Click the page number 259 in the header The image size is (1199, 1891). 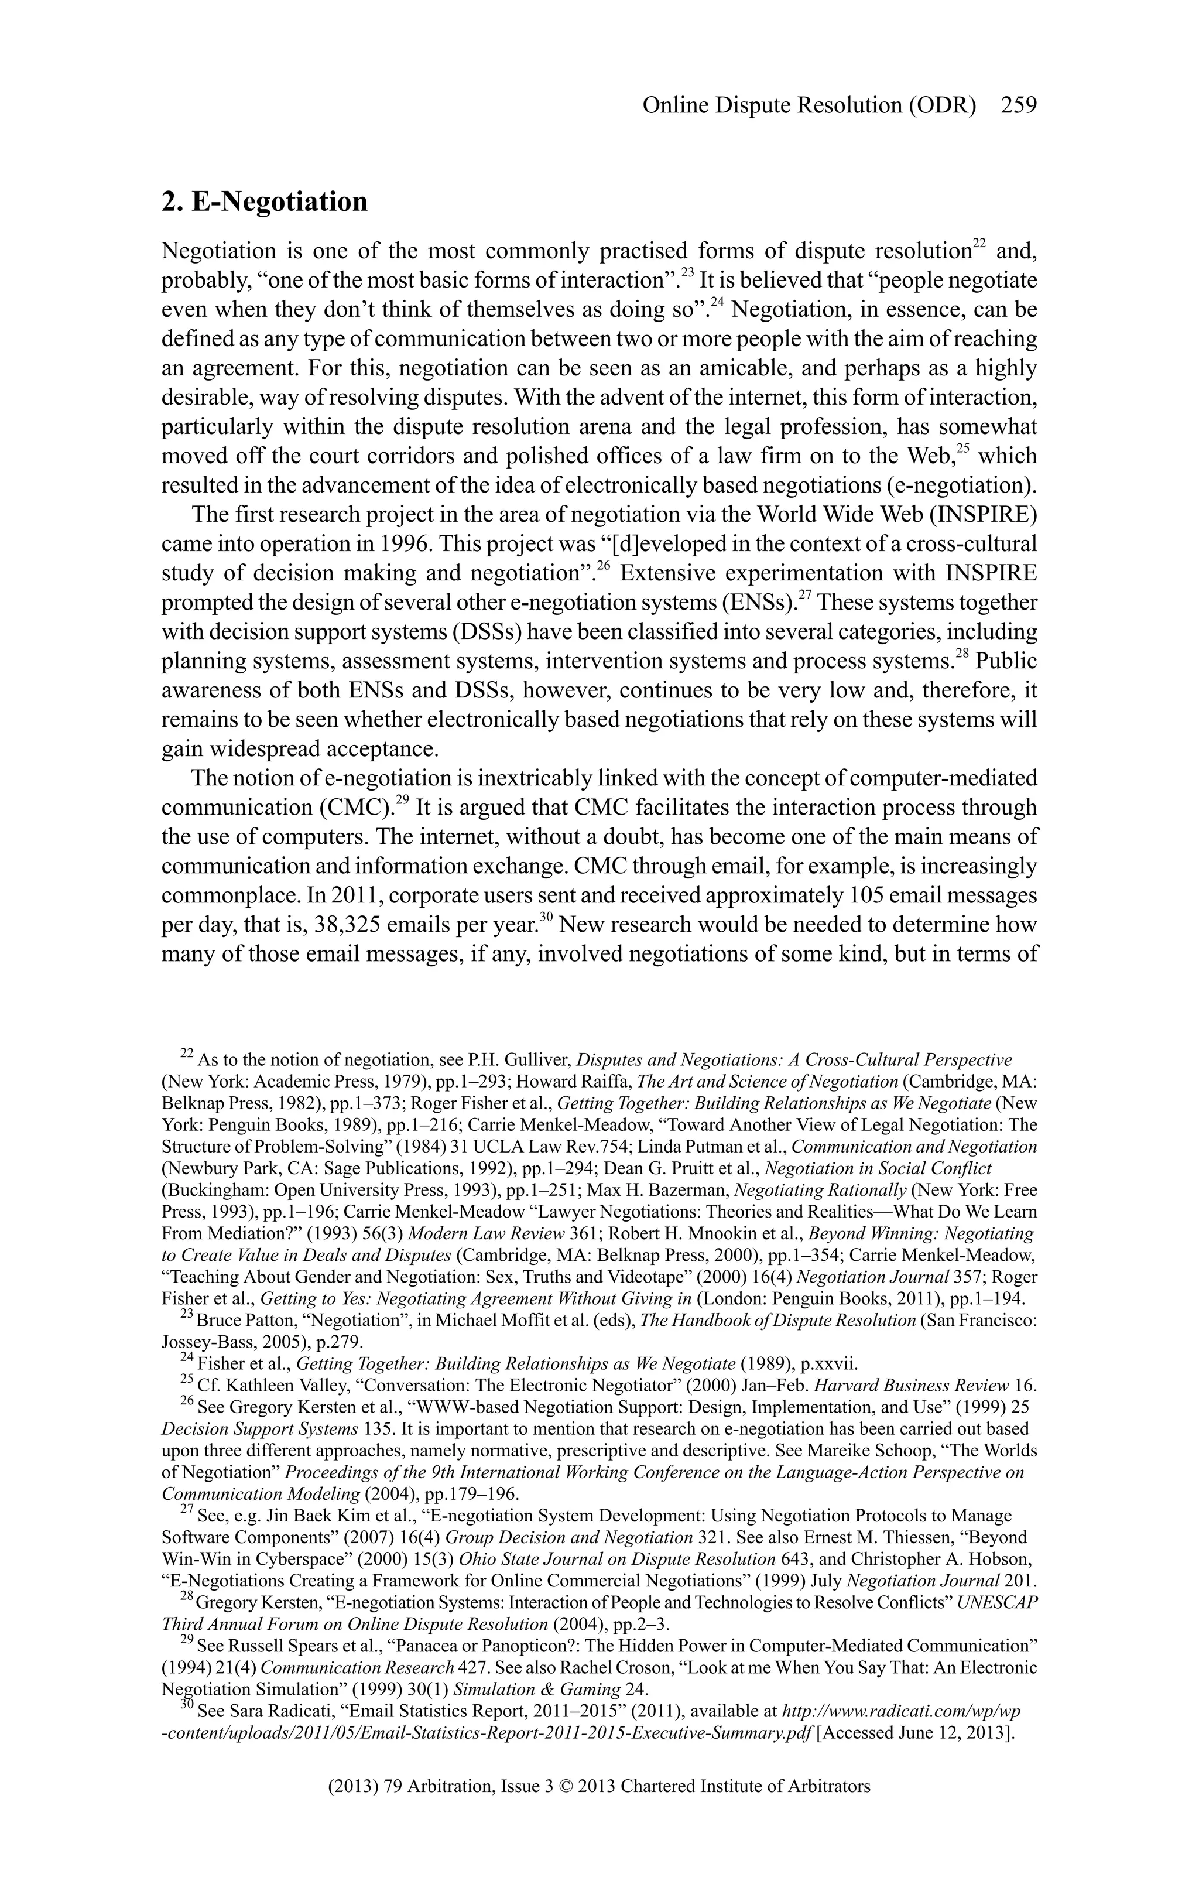(1019, 105)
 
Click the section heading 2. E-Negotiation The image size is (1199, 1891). (265, 202)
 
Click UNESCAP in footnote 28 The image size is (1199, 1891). (997, 1602)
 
